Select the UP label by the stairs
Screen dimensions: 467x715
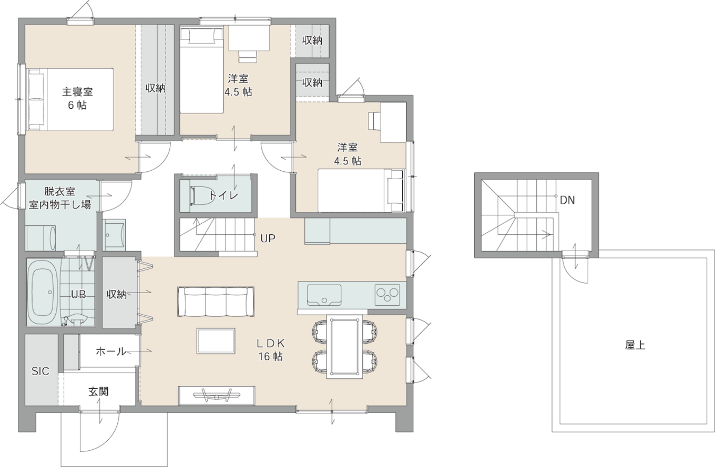pos(268,238)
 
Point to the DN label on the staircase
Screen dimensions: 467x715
pos(567,200)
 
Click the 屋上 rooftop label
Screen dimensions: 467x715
pos(635,345)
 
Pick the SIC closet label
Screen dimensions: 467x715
pos(40,371)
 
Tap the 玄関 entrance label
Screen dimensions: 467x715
pos(98,391)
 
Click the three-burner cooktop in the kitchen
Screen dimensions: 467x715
pos(387,294)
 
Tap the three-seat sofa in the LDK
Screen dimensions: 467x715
pos(216,302)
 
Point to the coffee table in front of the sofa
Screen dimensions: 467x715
pos(216,341)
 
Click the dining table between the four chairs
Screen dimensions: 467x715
pos(344,346)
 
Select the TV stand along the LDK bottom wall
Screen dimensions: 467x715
pos(217,395)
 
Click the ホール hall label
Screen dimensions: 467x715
pos(111,351)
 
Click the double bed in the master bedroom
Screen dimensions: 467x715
pos(68,99)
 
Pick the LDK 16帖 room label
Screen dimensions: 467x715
pos(271,350)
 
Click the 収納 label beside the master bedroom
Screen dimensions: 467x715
pos(156,88)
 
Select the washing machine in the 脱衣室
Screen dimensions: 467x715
pos(40,237)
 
